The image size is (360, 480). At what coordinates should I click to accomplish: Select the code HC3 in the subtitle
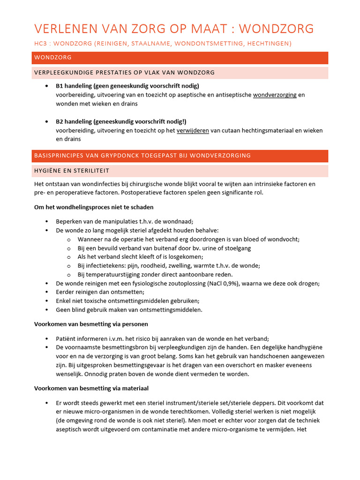pos(41,44)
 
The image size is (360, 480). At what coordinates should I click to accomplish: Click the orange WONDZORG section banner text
pos(52,58)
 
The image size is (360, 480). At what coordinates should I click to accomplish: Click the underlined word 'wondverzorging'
pos(274,95)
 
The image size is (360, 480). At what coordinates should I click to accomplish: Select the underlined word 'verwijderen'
pos(192,130)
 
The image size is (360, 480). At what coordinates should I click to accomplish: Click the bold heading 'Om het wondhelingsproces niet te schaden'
pos(94,207)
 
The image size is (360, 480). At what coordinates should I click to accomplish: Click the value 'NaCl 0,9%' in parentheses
pos(265,284)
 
